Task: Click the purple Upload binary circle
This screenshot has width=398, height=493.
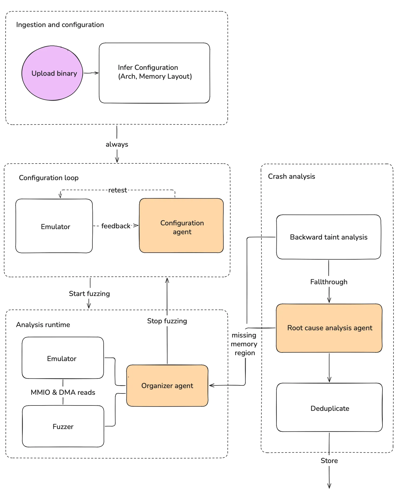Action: (52, 73)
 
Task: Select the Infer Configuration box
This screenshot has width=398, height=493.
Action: (155, 73)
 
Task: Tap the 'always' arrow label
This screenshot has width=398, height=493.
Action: (117, 144)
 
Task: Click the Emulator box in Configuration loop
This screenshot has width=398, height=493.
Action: (54, 226)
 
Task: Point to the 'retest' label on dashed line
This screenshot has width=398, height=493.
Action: (118, 190)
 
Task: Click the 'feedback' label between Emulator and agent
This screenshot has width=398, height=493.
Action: (116, 226)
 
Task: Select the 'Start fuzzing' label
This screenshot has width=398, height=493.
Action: (89, 294)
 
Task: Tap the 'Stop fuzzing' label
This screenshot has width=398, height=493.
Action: (167, 321)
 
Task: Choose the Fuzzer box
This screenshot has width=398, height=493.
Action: (63, 426)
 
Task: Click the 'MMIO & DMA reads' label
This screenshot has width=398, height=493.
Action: (63, 392)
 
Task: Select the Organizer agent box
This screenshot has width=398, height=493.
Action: (167, 386)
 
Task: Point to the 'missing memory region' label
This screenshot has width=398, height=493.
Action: (244, 344)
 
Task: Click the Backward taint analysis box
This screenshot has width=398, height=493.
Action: (329, 237)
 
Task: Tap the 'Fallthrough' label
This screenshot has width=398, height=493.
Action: (329, 282)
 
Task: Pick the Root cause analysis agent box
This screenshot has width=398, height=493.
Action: (329, 328)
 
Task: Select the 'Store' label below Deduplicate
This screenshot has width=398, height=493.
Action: (329, 461)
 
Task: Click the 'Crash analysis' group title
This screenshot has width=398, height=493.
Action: (291, 176)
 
